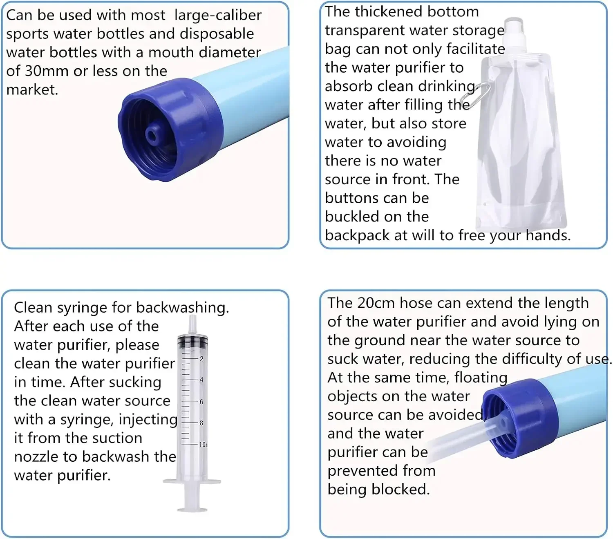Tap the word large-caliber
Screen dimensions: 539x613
217,15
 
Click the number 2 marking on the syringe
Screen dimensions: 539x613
201,358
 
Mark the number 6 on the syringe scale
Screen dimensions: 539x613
201,401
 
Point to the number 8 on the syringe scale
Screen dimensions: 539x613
201,423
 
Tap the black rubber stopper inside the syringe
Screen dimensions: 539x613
192,340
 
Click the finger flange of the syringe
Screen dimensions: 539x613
192,482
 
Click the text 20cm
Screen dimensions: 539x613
376,303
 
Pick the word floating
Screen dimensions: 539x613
481,378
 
